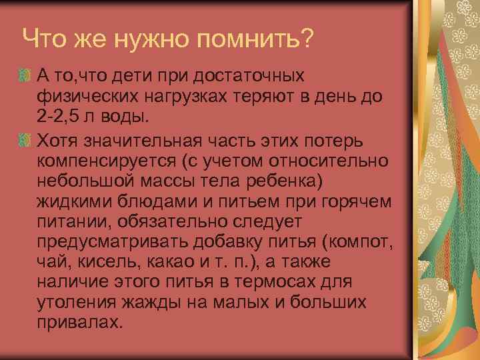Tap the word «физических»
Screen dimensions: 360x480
(x=86, y=95)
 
